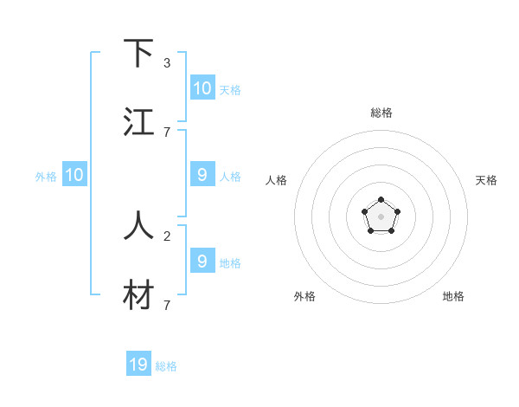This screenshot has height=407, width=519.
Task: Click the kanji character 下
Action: (139, 55)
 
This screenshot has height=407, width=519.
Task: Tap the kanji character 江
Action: (139, 122)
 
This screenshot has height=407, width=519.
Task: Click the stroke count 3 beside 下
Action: (167, 63)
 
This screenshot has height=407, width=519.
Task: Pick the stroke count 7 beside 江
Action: (167, 132)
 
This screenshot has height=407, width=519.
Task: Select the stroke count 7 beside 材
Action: (167, 305)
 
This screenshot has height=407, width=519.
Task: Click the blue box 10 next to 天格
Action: (202, 88)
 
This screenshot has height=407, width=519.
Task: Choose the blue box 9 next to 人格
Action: (202, 175)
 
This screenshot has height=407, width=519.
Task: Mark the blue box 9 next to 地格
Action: (202, 261)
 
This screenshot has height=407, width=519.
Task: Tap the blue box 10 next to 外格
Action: (74, 175)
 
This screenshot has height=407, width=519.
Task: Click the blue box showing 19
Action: (138, 365)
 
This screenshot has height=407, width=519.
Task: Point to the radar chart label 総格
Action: (381, 113)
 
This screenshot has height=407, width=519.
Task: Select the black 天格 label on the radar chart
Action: (487, 180)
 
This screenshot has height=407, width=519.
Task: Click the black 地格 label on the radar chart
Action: (453, 296)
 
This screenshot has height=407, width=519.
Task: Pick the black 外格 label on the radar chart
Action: (304, 296)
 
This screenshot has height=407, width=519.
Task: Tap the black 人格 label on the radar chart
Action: (277, 180)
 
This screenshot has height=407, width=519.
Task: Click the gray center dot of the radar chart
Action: (381, 216)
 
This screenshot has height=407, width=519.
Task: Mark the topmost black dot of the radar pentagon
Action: (381, 200)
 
